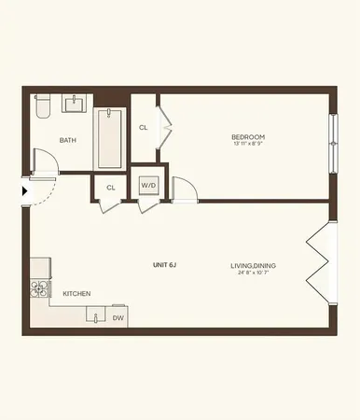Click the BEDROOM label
tap(248, 137)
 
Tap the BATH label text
tap(67, 140)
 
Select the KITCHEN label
tap(76, 294)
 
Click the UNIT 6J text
tap(165, 265)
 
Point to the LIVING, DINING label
tap(253, 265)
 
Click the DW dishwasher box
tap(118, 317)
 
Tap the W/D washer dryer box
tap(148, 186)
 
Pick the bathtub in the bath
tap(110, 137)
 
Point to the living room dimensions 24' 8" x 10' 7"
tap(253, 274)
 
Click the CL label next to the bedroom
tap(143, 127)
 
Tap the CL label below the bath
tap(110, 188)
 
